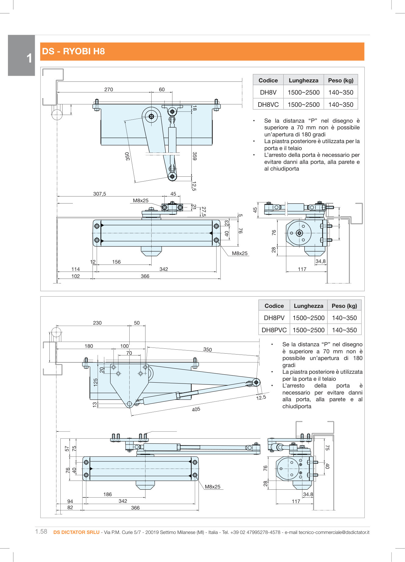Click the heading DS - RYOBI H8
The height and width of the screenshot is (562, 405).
(x=73, y=51)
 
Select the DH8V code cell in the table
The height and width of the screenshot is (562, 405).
(x=268, y=92)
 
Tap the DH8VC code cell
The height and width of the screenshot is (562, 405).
(x=268, y=105)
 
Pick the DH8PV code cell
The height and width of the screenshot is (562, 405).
(x=274, y=318)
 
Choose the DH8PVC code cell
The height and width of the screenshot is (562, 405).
(x=274, y=330)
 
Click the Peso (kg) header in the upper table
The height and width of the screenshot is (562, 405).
(x=341, y=81)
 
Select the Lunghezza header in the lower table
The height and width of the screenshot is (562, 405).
(x=308, y=306)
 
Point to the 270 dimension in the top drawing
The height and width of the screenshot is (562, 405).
(x=109, y=89)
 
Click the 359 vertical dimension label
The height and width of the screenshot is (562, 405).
(x=194, y=156)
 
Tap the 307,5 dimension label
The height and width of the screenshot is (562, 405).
(x=99, y=194)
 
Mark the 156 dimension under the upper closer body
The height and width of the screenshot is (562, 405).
(x=116, y=262)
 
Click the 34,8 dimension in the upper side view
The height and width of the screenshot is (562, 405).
(x=321, y=261)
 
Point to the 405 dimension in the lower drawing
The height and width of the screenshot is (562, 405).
(x=196, y=409)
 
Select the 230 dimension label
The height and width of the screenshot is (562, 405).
(x=97, y=323)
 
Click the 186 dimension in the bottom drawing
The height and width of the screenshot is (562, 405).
(x=108, y=494)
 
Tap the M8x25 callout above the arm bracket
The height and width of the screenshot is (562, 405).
(x=141, y=200)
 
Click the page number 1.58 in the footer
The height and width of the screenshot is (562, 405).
(x=41, y=531)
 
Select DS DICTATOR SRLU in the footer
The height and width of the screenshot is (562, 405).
(x=76, y=532)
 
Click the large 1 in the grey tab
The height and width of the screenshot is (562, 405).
(x=29, y=58)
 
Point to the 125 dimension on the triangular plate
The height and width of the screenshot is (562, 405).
(x=95, y=382)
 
